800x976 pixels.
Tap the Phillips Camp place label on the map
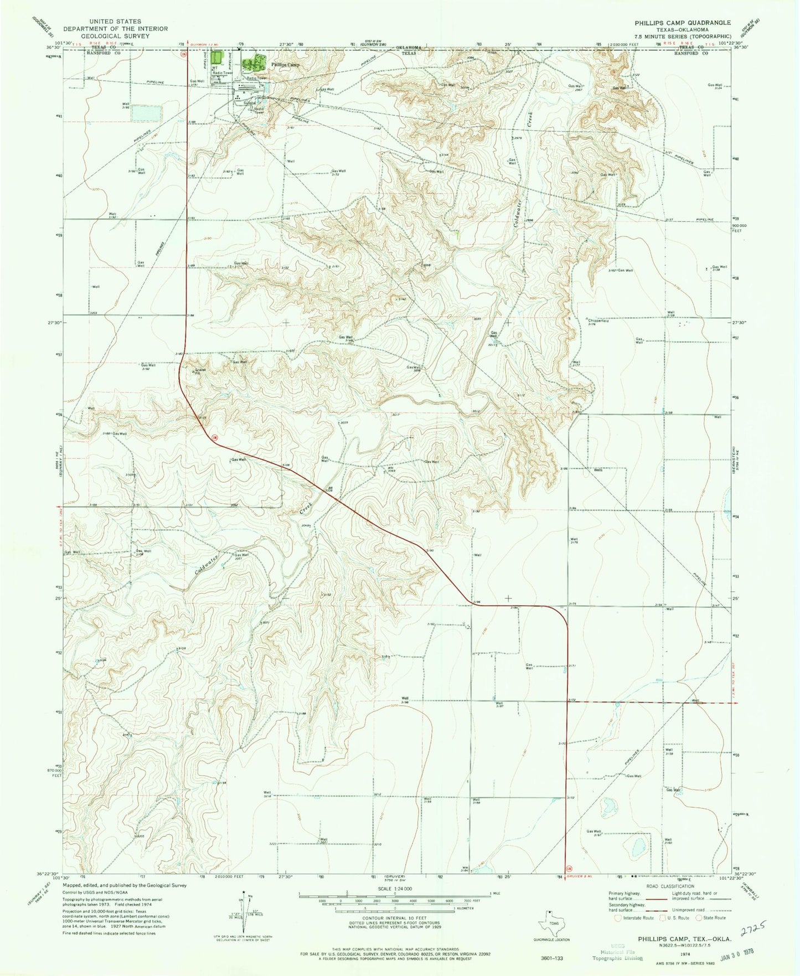tap(285, 65)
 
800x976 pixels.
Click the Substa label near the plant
tap(249, 102)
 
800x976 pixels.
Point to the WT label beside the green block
tap(213, 68)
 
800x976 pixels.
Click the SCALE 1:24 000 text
tap(395, 889)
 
